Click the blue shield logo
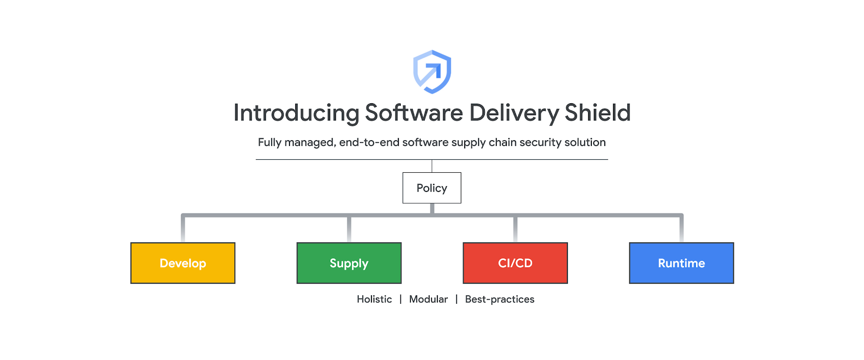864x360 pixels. tap(432, 72)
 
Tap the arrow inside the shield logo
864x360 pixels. tap(432, 73)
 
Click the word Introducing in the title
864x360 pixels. tap(296, 113)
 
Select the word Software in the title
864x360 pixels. tap(414, 113)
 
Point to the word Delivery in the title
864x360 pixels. tap(514, 113)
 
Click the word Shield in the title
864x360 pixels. tap(597, 113)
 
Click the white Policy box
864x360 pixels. tap(432, 188)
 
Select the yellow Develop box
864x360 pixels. tap(183, 263)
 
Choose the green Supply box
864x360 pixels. tap(349, 263)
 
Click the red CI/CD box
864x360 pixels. tap(515, 263)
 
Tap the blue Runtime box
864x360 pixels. tap(681, 263)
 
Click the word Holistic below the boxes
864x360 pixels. tap(374, 300)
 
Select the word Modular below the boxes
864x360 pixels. tap(428, 300)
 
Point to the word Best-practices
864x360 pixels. tap(500, 300)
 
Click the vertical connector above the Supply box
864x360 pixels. tap(349, 229)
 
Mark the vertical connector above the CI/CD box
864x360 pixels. tap(515, 229)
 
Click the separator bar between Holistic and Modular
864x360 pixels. tap(400, 300)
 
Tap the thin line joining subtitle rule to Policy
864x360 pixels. tap(432, 166)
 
